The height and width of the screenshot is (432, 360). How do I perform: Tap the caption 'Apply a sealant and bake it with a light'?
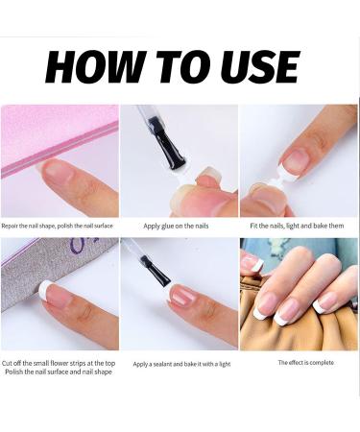pyautogui.click(x=180, y=364)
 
